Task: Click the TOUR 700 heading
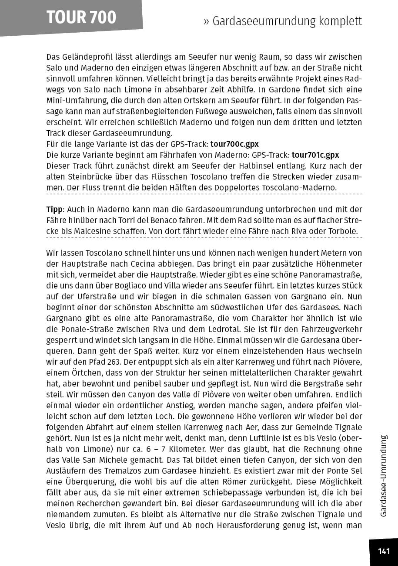click(81, 17)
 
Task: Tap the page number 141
click(384, 552)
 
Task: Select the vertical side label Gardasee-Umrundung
click(383, 475)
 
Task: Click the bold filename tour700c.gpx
click(235, 144)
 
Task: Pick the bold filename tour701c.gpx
click(315, 155)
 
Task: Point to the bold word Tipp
click(54, 209)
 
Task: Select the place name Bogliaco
click(139, 286)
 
